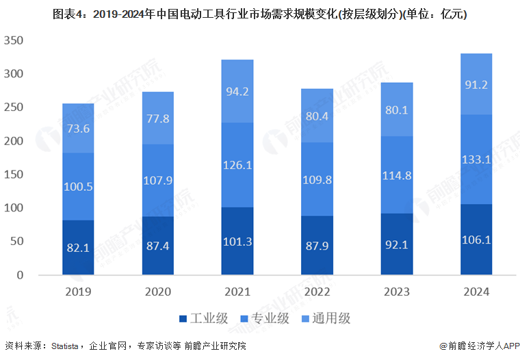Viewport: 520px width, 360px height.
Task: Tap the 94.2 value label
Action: (x=237, y=91)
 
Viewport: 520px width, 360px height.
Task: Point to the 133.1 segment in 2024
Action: (x=476, y=159)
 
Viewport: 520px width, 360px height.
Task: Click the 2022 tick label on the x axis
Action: (x=316, y=292)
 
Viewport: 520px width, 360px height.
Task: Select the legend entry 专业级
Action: (x=265, y=318)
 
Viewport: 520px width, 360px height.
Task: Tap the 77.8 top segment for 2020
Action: (x=157, y=118)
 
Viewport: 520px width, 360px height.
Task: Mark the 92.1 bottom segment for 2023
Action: (x=396, y=244)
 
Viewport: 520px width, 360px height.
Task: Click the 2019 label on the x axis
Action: (x=77, y=292)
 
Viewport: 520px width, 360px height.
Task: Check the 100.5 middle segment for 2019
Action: (x=77, y=186)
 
